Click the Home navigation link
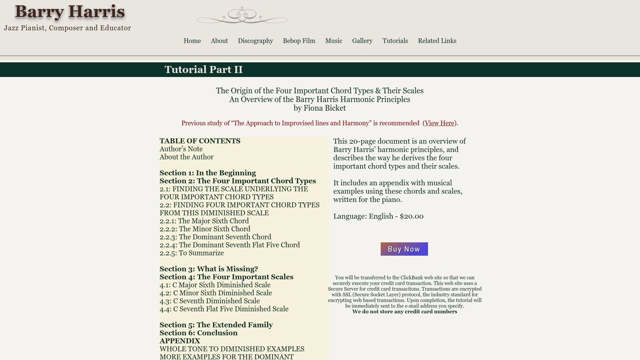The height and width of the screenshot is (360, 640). pyautogui.click(x=192, y=41)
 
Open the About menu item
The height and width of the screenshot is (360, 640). pyautogui.click(x=219, y=41)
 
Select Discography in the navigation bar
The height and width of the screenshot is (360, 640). pyautogui.click(x=255, y=41)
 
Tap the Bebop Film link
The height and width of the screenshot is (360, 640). pyautogui.click(x=299, y=41)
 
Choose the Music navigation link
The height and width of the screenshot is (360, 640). pyautogui.click(x=334, y=41)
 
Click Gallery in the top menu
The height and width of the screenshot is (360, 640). pyautogui.click(x=362, y=41)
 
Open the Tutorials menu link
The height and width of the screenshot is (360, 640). pyautogui.click(x=395, y=41)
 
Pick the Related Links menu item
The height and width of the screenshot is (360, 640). pyautogui.click(x=437, y=41)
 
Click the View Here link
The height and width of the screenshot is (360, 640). pyautogui.click(x=439, y=123)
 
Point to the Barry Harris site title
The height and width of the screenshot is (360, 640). pyautogui.click(x=70, y=12)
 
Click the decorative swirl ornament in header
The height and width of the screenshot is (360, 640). pyautogui.click(x=242, y=16)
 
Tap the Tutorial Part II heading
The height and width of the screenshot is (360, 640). pyautogui.click(x=203, y=70)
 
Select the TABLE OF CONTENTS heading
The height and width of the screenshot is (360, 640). pyautogui.click(x=200, y=141)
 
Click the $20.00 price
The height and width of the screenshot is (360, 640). pyautogui.click(x=411, y=217)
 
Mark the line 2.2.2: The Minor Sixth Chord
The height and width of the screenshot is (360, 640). pyautogui.click(x=205, y=229)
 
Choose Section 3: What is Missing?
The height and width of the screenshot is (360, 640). pyautogui.click(x=208, y=269)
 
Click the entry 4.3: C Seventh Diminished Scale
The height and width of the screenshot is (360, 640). pyautogui.click(x=209, y=301)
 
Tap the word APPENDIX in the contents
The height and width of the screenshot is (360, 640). pyautogui.click(x=180, y=341)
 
